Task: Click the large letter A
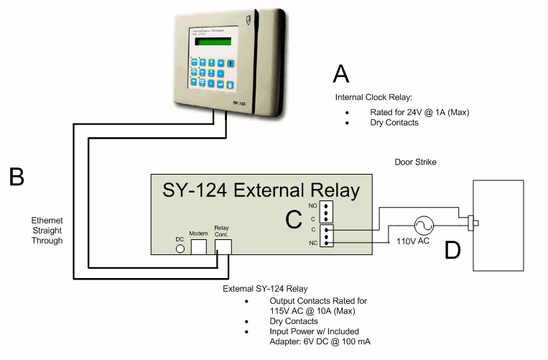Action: [x=341, y=75]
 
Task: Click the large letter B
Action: [x=16, y=176]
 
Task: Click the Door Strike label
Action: [x=415, y=162]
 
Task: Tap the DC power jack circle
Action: [x=180, y=248]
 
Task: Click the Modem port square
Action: [x=198, y=246]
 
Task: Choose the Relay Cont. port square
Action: [x=223, y=246]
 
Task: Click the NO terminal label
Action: [x=312, y=206]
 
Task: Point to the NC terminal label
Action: [x=312, y=243]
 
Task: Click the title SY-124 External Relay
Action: [x=261, y=191]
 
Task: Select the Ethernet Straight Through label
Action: [x=47, y=231]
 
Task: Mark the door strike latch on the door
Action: [x=473, y=221]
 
